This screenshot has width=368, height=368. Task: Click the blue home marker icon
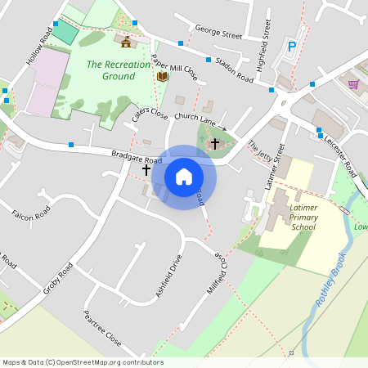[184, 177]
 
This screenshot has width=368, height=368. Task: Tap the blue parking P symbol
[292, 47]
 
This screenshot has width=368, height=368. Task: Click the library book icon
[162, 77]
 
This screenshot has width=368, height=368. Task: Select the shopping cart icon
[353, 83]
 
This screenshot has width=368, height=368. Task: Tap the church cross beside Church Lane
[215, 143]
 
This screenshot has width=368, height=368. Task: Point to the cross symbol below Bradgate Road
[146, 170]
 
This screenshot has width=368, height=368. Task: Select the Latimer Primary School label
[303, 218]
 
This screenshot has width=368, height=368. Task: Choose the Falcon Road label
[31, 214]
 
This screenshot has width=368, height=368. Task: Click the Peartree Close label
[102, 327]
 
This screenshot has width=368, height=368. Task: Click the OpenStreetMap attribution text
[83, 362]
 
